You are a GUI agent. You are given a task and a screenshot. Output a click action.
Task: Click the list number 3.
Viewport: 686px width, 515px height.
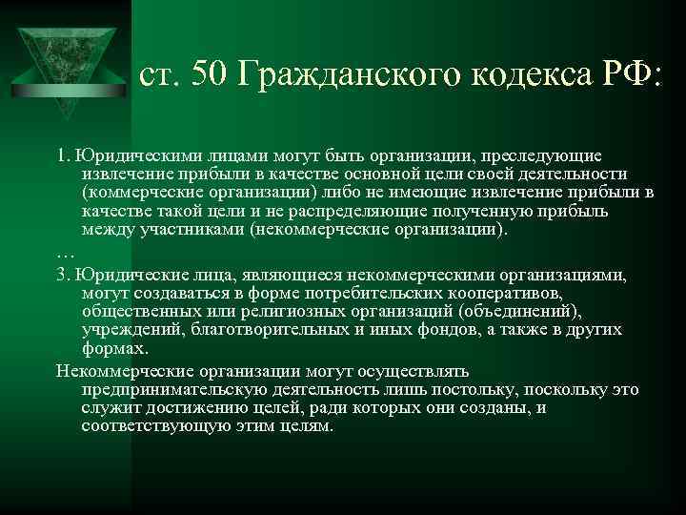pos(61,275)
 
